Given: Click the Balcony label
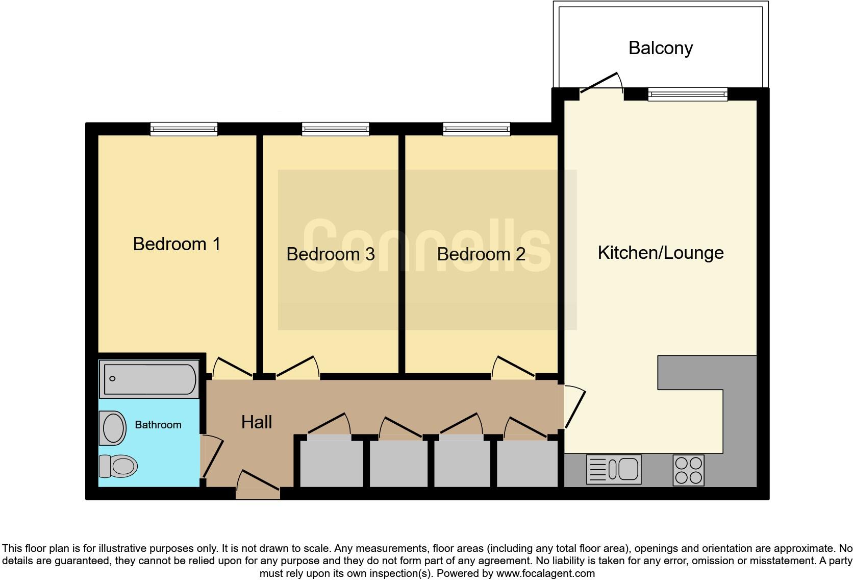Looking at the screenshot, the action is (660, 48).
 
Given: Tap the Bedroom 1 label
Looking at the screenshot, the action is (177, 244).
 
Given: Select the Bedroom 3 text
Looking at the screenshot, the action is (330, 254).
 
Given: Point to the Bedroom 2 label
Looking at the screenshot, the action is (481, 254).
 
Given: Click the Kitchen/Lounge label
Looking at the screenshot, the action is (660, 253).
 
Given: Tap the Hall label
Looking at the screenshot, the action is (256, 422).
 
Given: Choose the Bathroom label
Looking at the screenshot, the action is (158, 425).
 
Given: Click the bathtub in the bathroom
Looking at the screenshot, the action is (150, 379).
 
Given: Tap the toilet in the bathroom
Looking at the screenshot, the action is (118, 466).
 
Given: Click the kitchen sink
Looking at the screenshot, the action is (613, 469).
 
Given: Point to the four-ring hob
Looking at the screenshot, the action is (688, 470).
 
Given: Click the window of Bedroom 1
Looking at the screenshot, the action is (184, 129).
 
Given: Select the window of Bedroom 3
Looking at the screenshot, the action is (335, 129).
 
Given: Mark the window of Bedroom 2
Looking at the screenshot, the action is (476, 129).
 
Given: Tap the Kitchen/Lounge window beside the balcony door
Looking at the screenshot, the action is (687, 94).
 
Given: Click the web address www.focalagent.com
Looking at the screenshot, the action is (545, 573).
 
